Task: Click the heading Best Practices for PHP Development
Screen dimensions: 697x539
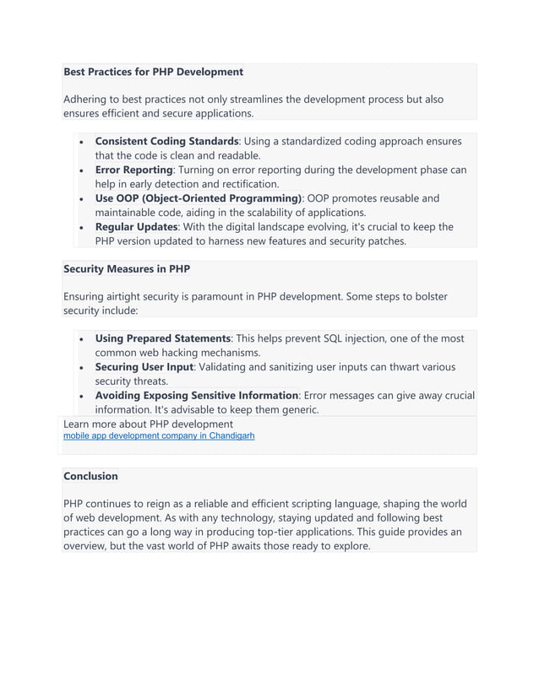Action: coord(153,72)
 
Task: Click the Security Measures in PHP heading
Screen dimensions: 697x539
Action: coord(127,268)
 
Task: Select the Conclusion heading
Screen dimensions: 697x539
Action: coord(90,476)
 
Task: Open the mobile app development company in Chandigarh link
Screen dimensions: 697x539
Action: coord(159,436)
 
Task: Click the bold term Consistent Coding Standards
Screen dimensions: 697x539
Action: coord(166,141)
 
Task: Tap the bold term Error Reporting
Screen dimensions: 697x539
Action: coord(133,170)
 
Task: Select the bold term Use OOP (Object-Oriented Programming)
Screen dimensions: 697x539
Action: coord(198,198)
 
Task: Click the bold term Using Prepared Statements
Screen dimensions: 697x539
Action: coord(162,338)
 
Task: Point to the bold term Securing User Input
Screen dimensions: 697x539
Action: coord(144,367)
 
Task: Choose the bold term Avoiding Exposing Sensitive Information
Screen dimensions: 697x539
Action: coord(196,396)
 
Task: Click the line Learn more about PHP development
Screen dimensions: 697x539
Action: coord(148,424)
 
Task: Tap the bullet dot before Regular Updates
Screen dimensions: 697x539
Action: coord(80,228)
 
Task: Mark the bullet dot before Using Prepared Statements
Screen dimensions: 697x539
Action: coord(80,339)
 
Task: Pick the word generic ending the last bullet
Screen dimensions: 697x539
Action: coord(297,410)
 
